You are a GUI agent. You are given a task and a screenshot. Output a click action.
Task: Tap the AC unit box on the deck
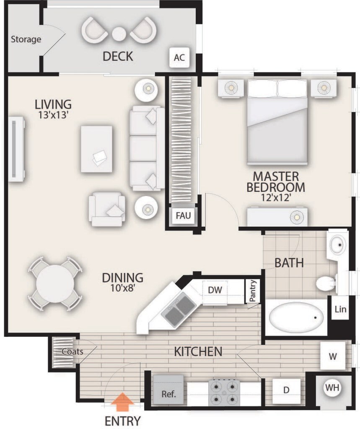click(x=179, y=57)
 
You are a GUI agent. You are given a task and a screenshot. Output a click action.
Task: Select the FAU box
click(x=183, y=215)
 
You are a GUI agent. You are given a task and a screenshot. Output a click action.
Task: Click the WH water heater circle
click(x=333, y=388)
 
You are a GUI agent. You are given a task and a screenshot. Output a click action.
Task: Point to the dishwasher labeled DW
click(x=215, y=292)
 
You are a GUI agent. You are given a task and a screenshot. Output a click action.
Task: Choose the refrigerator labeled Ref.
click(x=168, y=390)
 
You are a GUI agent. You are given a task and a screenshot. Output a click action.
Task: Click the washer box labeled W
click(x=333, y=356)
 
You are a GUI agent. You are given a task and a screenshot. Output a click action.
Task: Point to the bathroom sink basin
click(x=337, y=245)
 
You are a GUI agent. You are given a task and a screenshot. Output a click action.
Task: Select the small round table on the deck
click(x=119, y=34)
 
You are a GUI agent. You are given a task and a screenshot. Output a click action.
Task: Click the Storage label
click(x=26, y=39)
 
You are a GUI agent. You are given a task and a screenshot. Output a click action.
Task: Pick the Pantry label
click(x=253, y=291)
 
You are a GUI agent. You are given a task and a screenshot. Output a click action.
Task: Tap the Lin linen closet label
click(x=341, y=309)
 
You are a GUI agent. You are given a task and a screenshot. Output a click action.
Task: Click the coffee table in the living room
click(x=97, y=149)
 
